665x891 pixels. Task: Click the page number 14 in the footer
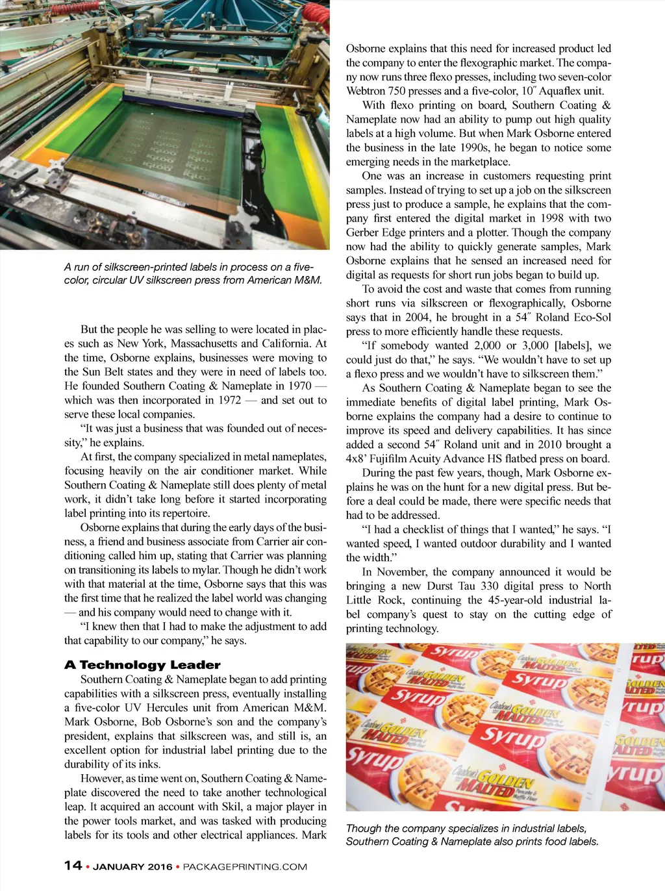coord(73,865)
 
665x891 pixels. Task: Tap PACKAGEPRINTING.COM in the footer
coord(245,866)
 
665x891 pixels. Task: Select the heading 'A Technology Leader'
coord(142,664)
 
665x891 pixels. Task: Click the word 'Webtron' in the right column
coord(366,91)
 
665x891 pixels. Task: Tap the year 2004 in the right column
coord(417,317)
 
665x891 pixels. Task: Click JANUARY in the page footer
coord(119,866)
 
